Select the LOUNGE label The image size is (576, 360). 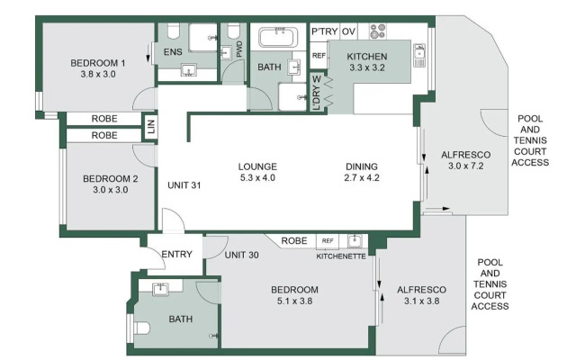point(257,173)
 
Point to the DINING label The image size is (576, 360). point(362,173)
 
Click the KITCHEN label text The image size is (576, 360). point(366,62)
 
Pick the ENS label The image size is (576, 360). point(173,53)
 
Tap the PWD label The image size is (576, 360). point(239,50)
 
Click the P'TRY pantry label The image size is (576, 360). point(324,32)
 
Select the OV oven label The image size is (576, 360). point(349,32)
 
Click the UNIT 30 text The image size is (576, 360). point(241,255)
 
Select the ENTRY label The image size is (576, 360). point(176,255)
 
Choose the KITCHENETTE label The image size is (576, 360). point(341,256)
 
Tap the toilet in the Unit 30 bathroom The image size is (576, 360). point(139,330)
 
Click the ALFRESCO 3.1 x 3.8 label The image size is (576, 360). point(424,294)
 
